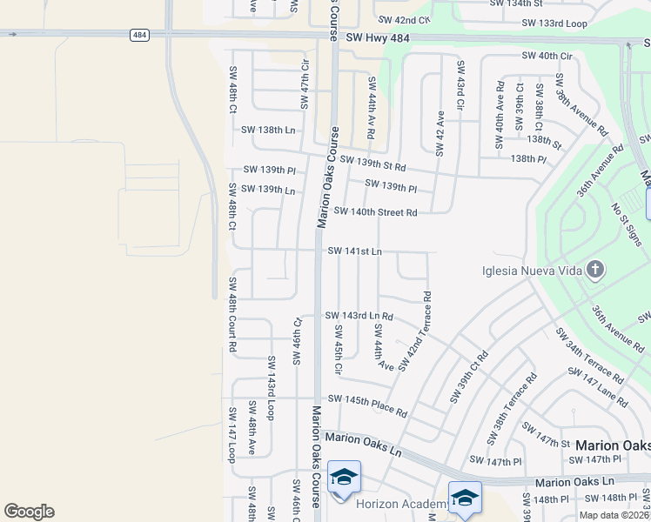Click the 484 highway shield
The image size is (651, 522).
click(x=140, y=35)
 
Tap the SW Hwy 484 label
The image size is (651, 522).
click(x=377, y=38)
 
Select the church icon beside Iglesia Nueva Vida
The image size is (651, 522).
click(x=594, y=269)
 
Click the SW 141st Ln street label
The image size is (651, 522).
click(x=354, y=251)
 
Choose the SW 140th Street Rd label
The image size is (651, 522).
click(x=375, y=211)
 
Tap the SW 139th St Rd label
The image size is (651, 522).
click(x=373, y=163)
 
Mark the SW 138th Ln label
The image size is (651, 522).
click(x=268, y=130)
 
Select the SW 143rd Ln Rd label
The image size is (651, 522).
click(x=359, y=316)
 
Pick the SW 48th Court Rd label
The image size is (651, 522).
click(x=233, y=314)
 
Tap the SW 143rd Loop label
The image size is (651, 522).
click(x=272, y=387)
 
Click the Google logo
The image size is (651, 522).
click(x=29, y=512)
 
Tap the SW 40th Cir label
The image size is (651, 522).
click(x=547, y=56)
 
